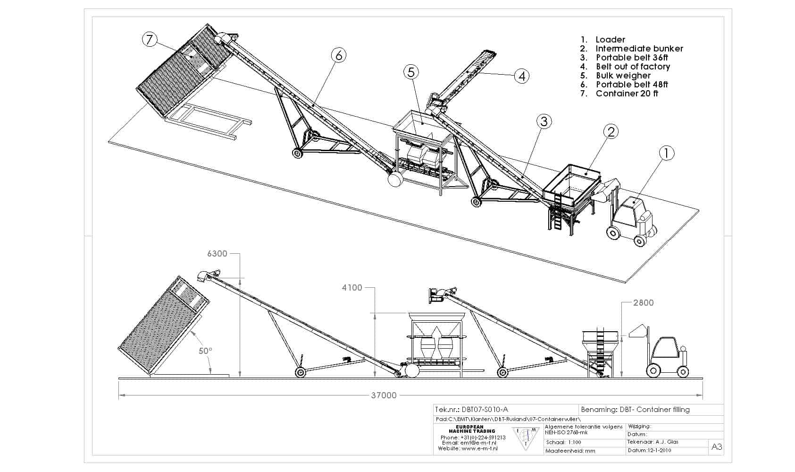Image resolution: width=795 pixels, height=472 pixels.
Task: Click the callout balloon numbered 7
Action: pos(150,39)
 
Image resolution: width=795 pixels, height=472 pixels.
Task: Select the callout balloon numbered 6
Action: pos(338,55)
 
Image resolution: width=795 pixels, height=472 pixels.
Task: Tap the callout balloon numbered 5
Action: pos(411,72)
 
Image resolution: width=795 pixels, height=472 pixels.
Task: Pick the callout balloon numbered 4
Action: pos(521,76)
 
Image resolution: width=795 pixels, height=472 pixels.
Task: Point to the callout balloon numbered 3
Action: pos(544,121)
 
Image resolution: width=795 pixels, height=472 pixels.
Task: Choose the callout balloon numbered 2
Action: pos(611,131)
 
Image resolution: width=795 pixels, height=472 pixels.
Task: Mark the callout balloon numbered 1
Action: pos(666,153)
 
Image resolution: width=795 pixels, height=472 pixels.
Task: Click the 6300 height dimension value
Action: pos(217,254)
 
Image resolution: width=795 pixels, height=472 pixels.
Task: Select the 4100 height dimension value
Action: pos(352,288)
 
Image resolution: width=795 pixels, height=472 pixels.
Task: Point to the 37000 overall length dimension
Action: pos(383,395)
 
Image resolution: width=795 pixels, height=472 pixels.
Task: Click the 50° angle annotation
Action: pos(205,351)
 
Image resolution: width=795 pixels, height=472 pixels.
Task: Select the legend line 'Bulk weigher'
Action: pos(623,76)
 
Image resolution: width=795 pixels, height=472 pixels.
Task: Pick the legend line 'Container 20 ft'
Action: pos(627,94)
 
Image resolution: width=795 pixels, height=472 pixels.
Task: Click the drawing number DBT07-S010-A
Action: pos(485,410)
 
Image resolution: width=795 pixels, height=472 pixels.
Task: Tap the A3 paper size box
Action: pos(716,447)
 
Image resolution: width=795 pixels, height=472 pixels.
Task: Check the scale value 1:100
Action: pos(573,443)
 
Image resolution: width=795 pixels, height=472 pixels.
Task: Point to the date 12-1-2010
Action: pos(656,450)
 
